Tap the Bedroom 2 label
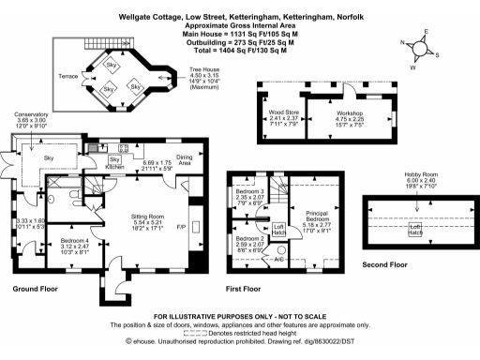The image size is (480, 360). click(249, 239)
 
